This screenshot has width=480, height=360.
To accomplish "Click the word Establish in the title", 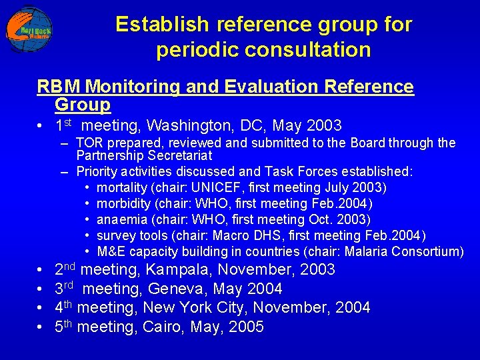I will [x=153, y=25].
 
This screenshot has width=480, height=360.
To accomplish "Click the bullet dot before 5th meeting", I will [x=41, y=327].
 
